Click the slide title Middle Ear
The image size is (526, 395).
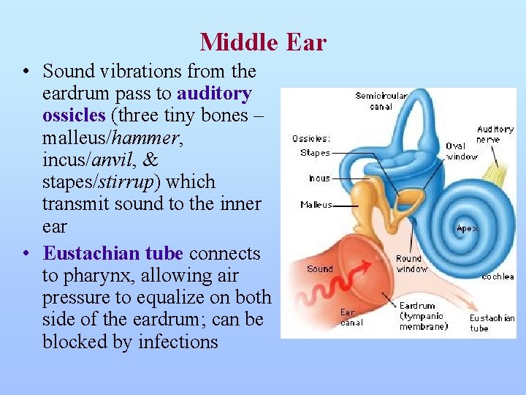[x=263, y=42]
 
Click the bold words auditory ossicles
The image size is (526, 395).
[x=146, y=105]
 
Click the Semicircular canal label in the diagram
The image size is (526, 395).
[x=381, y=101]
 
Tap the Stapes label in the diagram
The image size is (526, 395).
[x=315, y=153]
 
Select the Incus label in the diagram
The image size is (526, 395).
[x=319, y=178]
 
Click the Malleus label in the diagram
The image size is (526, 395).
[x=316, y=205]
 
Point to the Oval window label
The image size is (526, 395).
[x=461, y=151]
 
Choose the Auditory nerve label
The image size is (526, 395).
[x=495, y=134]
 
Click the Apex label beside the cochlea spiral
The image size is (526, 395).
[x=467, y=228]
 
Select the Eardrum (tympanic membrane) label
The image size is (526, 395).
[x=423, y=316]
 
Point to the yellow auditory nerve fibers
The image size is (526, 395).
[x=500, y=172]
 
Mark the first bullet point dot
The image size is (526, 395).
[x=26, y=72]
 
